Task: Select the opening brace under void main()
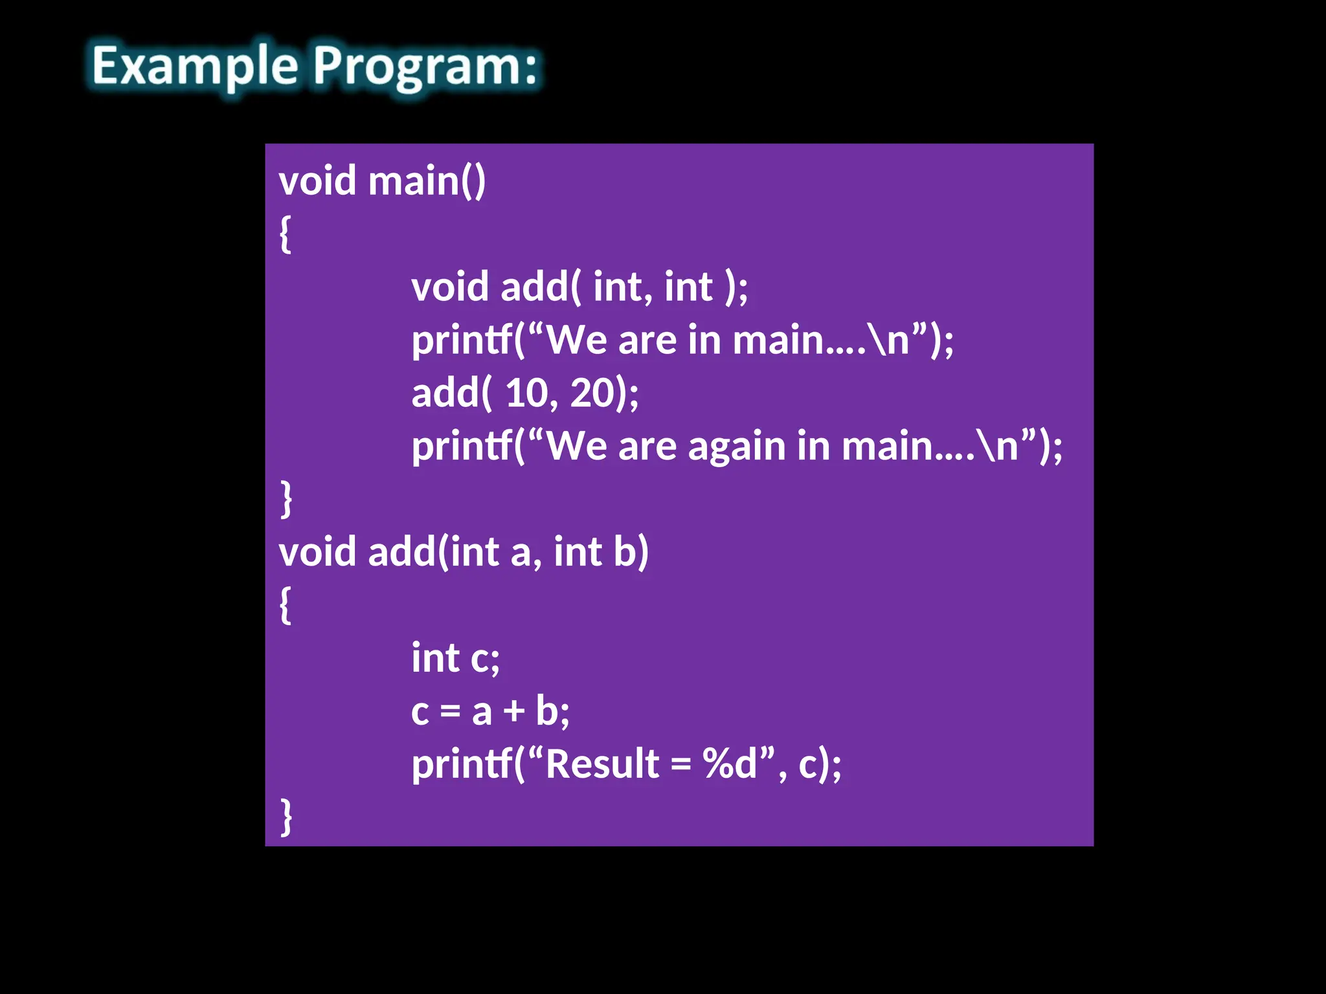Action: (x=285, y=234)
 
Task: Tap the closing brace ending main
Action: (x=286, y=499)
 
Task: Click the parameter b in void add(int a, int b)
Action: (x=625, y=552)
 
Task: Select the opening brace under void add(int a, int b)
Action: (x=285, y=605)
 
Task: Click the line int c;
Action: (x=455, y=658)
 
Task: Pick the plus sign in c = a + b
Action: (x=514, y=711)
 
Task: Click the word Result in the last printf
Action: (x=602, y=764)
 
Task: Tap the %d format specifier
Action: (x=729, y=764)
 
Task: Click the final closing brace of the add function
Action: (x=286, y=817)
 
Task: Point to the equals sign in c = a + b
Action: (x=450, y=711)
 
